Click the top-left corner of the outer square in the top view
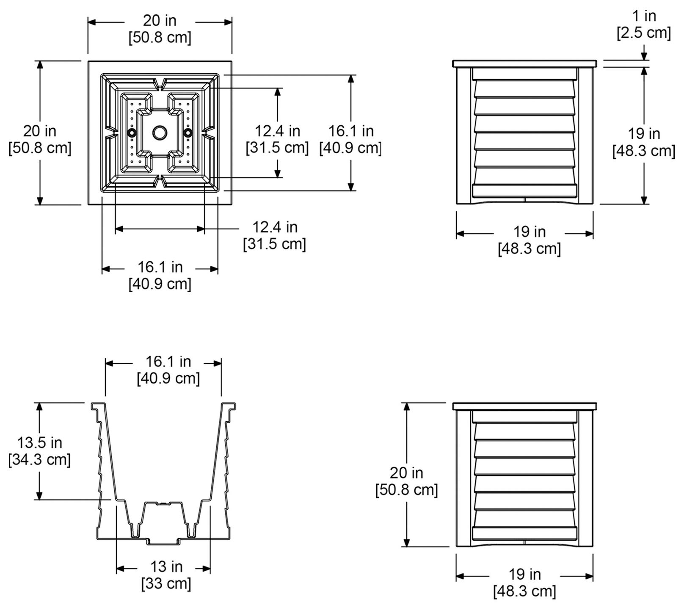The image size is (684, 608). click(88, 61)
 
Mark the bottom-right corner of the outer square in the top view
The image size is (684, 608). click(232, 205)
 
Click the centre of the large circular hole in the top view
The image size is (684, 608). click(160, 133)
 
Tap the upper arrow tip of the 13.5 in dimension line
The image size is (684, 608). click(40, 403)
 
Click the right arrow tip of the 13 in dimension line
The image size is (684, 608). click(210, 568)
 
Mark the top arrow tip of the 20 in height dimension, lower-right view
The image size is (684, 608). click(407, 403)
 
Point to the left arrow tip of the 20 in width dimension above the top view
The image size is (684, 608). click(88, 21)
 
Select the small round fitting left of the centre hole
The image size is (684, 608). click(132, 133)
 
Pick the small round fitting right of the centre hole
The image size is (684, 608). click(188, 133)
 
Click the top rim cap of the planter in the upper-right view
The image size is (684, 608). click(525, 64)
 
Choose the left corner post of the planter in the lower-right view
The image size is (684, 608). click(464, 478)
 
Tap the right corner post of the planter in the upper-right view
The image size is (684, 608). click(585, 135)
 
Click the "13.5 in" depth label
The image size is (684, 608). click(39, 443)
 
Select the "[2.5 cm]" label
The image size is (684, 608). click(644, 33)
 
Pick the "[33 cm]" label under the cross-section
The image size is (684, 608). click(166, 583)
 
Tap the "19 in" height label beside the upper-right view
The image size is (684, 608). click(644, 134)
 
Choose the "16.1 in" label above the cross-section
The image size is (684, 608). click(168, 362)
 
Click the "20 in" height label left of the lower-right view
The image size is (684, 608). click(407, 473)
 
